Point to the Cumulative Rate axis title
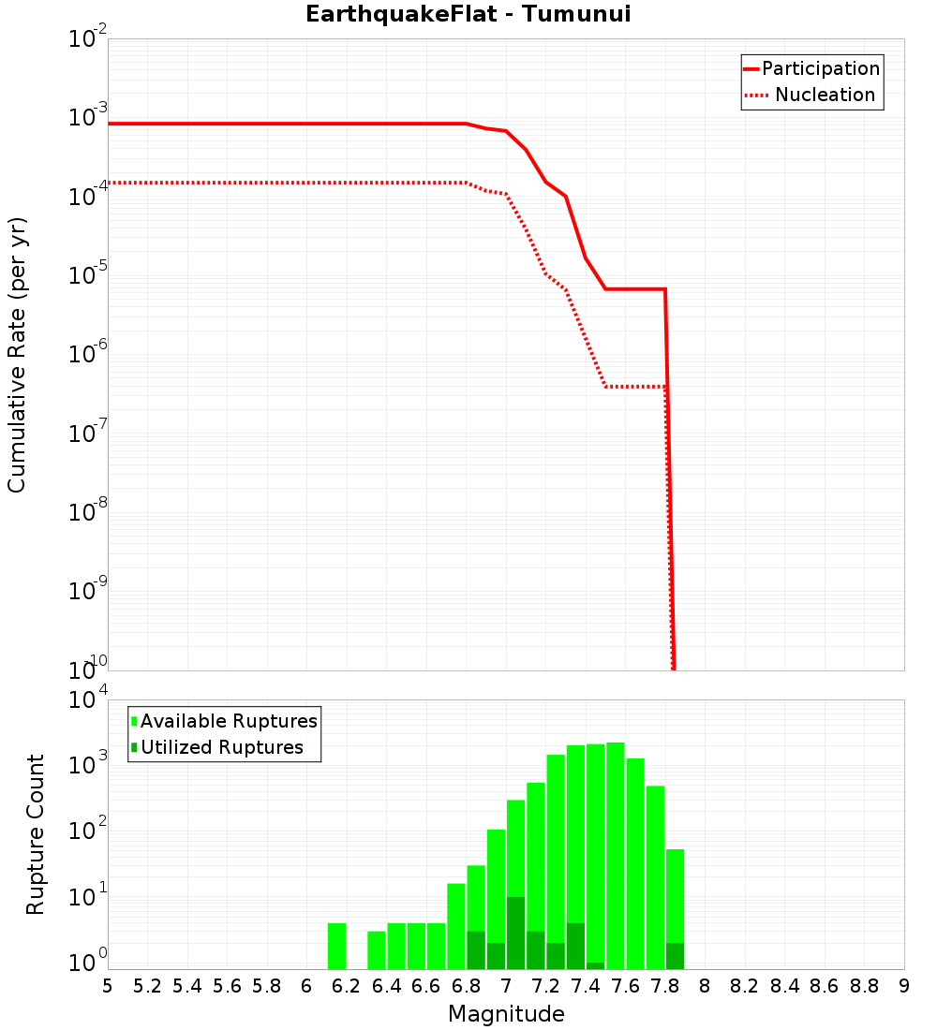click(17, 355)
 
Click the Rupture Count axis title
click(36, 834)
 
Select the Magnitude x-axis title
click(506, 1014)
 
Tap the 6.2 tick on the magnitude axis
click(346, 986)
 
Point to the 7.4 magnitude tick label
click(585, 986)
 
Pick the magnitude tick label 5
click(107, 986)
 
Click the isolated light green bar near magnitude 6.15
click(337, 946)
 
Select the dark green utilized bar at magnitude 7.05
click(515, 933)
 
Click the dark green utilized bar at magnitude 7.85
click(676, 955)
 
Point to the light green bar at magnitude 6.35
click(377, 949)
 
